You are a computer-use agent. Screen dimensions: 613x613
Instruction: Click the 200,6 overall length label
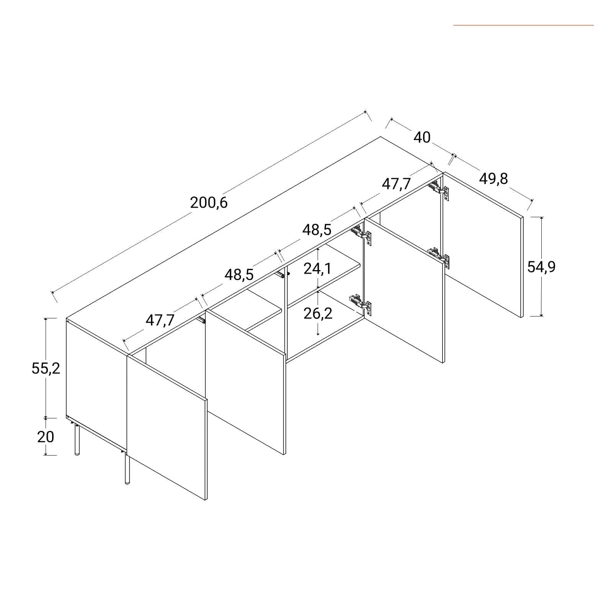click(209, 202)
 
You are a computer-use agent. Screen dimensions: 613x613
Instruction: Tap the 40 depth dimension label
click(422, 137)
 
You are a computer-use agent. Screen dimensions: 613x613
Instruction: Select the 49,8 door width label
click(493, 179)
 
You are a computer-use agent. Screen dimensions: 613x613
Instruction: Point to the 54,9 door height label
click(541, 267)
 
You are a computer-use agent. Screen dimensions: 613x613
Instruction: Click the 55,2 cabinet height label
click(46, 369)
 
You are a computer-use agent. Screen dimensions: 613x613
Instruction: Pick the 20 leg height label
click(46, 437)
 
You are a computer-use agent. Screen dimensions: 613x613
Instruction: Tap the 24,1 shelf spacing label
click(318, 269)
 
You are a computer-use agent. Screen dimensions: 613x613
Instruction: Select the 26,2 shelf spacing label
click(318, 314)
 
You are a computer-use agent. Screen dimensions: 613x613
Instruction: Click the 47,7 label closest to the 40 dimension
click(396, 184)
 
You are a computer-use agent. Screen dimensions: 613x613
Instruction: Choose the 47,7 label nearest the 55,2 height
click(160, 320)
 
